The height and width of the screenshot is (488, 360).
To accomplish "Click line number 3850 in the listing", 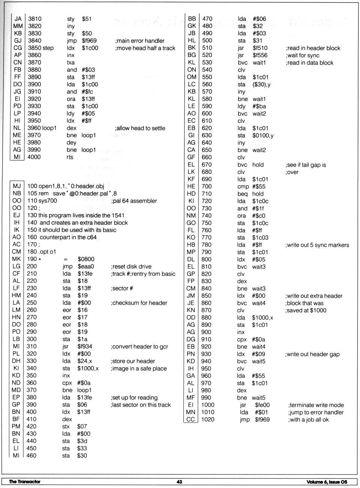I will [34, 48].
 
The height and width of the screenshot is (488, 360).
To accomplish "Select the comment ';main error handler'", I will [140, 41].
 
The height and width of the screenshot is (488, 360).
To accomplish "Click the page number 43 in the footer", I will [179, 482].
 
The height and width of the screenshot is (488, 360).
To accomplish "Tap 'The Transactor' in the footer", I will [24, 482].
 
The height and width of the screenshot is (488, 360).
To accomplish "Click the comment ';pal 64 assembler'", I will [134, 201].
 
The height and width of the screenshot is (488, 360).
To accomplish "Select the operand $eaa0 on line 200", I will [86, 266].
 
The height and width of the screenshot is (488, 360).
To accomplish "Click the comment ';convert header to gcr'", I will [139, 347].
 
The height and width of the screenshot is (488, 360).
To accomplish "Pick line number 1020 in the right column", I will [208, 419].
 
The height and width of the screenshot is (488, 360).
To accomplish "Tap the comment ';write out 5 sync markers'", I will [317, 245].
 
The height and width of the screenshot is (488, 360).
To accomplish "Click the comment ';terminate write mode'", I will [316, 405].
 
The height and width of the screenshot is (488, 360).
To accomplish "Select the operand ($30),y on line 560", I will [261, 84].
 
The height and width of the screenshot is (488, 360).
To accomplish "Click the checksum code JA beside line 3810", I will [18, 19].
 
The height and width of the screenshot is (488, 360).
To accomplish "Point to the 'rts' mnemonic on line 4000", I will [70, 157].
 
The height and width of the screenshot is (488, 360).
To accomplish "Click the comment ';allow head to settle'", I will [140, 128].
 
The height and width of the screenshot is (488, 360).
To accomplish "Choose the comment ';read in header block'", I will [313, 48].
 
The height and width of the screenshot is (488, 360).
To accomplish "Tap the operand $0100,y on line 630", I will [263, 135].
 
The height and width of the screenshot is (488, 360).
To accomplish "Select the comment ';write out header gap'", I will [312, 354].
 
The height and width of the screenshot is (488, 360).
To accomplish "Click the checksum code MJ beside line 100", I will [16, 186].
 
